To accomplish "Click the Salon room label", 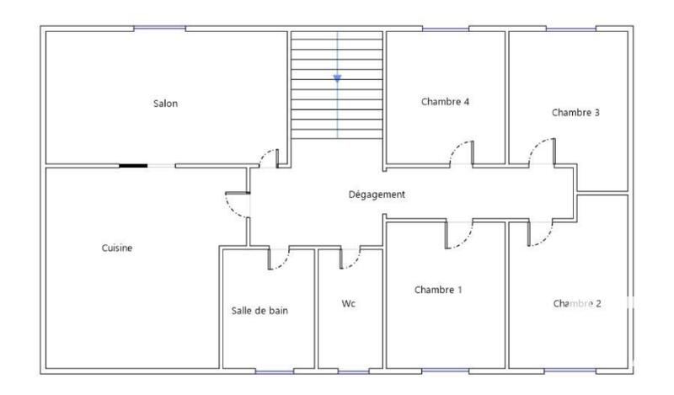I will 165,104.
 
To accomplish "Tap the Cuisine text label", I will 117,248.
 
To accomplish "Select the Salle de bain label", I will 259,310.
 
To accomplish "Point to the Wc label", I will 349,303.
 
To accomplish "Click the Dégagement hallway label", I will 377,195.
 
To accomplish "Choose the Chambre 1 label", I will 438,290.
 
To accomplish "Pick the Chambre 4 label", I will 445,102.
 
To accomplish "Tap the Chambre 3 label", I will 575,112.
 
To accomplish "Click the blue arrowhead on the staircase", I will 337,78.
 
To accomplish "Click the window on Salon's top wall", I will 159,29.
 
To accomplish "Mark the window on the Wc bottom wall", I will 352,371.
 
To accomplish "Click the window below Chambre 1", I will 445,371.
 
